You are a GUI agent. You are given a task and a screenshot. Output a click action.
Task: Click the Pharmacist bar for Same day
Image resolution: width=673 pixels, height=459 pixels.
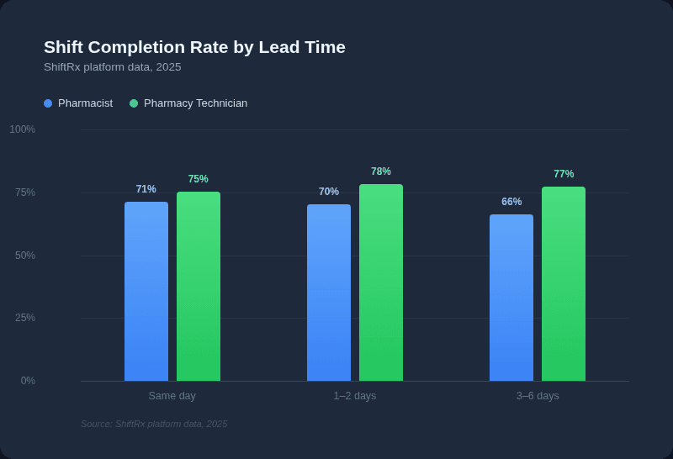tap(146, 291)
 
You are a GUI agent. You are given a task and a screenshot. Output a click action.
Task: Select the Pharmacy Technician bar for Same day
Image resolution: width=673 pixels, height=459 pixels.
tap(199, 286)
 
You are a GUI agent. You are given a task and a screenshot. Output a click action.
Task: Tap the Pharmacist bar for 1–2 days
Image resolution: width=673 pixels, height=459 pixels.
tap(329, 293)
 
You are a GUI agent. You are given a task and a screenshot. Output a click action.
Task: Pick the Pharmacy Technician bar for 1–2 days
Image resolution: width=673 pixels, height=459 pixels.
tap(381, 282)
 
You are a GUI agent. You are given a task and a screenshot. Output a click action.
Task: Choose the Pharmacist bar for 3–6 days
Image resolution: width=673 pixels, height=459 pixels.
tap(511, 298)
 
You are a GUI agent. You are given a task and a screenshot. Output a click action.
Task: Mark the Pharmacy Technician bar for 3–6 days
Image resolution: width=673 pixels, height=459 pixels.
tap(564, 283)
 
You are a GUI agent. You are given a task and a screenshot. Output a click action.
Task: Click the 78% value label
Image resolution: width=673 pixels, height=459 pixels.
tap(381, 171)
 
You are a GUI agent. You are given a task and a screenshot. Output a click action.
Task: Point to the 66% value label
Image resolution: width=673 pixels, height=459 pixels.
tap(511, 202)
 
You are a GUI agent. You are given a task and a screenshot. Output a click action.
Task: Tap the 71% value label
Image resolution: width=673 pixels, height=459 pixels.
tap(146, 189)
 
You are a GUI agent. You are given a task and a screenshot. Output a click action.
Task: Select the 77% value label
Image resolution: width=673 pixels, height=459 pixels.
tap(564, 174)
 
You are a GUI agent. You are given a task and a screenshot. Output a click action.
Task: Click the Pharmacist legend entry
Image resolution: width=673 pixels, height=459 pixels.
tap(78, 103)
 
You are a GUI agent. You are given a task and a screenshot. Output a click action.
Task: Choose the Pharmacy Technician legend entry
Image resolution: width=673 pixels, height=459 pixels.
tap(188, 103)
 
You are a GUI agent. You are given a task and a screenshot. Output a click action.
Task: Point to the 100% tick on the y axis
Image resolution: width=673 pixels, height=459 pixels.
tap(23, 129)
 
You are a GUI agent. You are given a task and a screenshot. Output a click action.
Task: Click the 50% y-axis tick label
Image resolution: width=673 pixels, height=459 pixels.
tap(25, 256)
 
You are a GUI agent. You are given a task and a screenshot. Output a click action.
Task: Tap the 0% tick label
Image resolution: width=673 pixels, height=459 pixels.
tap(28, 381)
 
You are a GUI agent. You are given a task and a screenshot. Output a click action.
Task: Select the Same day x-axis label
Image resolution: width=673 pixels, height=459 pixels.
tap(172, 396)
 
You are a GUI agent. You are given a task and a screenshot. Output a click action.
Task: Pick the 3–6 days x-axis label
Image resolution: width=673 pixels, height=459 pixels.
tap(538, 396)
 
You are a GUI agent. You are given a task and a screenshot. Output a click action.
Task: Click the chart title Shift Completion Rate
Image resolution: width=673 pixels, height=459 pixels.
tap(194, 47)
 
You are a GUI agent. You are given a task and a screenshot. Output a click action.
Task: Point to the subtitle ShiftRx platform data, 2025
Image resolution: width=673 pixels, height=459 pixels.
tap(112, 67)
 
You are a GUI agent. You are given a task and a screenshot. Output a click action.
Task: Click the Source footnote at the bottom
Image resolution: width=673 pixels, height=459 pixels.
tap(154, 424)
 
